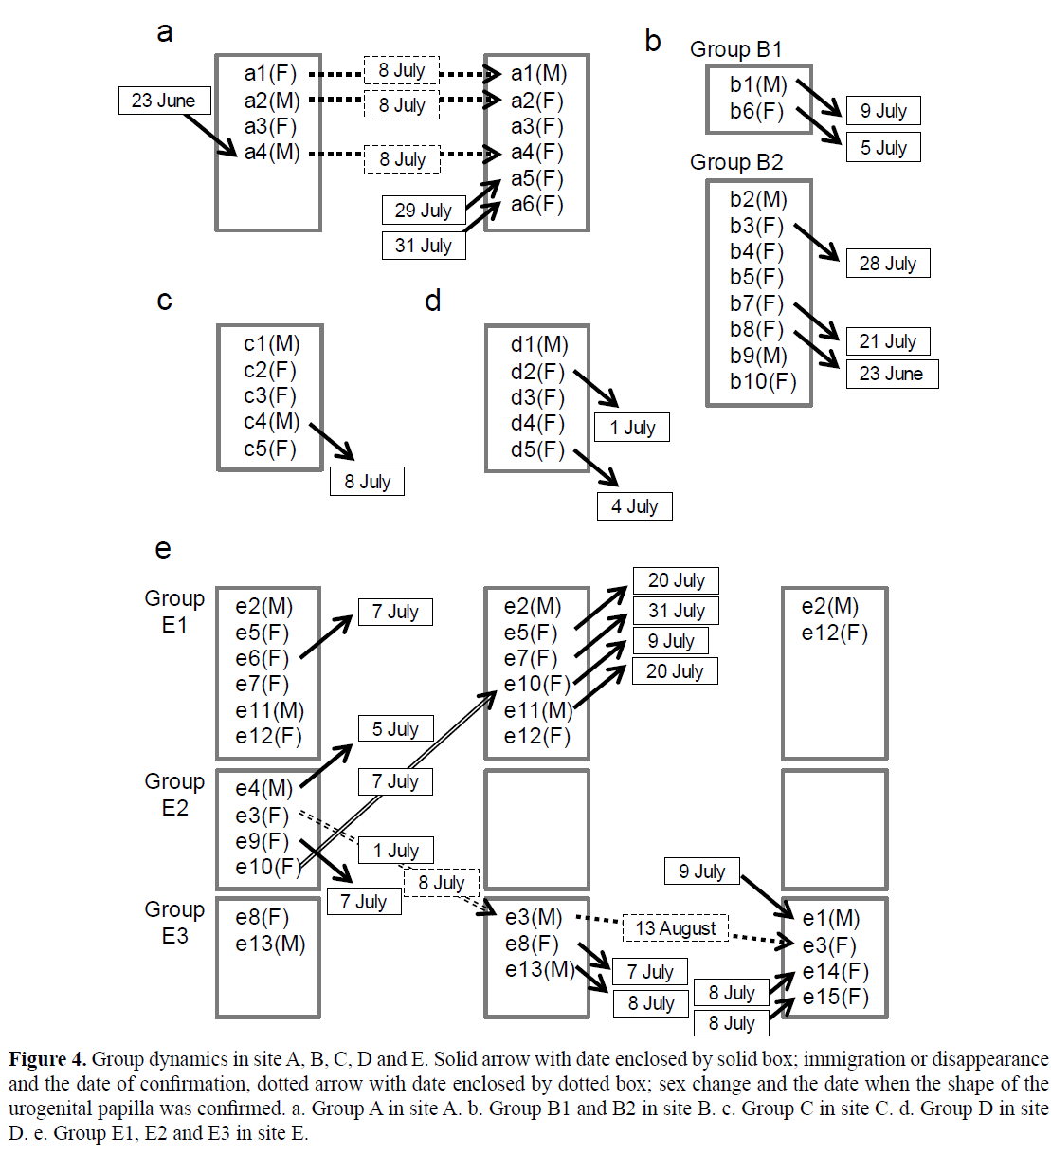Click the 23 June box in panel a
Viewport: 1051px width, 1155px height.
pos(164,101)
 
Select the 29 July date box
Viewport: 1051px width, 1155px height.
pos(423,211)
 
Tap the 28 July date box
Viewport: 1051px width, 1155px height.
pos(887,264)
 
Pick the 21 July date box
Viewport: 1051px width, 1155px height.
pos(887,341)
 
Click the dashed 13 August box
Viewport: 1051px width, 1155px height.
pos(675,928)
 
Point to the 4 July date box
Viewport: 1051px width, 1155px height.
pos(634,506)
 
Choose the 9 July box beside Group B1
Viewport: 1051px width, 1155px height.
pos(882,111)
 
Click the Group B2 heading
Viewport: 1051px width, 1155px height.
pos(736,162)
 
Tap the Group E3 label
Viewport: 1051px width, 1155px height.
pos(174,923)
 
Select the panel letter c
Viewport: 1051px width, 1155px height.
pos(164,301)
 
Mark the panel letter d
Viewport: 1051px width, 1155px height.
pos(433,301)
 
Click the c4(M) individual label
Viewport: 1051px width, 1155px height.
pos(271,422)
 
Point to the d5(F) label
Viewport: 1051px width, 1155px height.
pos(537,449)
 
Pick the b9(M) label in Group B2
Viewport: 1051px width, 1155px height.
pos(758,356)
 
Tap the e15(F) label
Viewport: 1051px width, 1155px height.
pos(835,997)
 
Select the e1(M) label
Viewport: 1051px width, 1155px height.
pos(831,918)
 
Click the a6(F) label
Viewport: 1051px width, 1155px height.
pos(536,204)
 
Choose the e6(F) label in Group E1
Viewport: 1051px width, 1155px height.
pos(262,658)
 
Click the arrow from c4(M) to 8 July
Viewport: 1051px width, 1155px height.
pos(332,442)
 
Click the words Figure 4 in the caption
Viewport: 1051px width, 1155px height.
pos(47,1059)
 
